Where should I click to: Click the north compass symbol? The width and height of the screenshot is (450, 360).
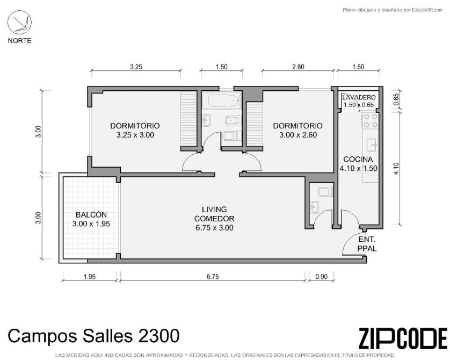point(19,23)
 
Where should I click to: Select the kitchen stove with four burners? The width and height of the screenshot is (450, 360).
point(370,120)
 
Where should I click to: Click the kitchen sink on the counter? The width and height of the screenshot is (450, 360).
point(372,145)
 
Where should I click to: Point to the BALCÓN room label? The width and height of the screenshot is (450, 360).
point(91,215)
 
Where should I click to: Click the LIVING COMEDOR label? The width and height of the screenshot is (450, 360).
point(214,214)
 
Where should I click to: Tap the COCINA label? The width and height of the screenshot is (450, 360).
point(358,160)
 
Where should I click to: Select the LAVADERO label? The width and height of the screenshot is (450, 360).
point(359,97)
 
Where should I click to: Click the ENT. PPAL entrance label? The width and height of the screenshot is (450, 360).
point(367,244)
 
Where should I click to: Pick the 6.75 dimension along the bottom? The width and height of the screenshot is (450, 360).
point(213,277)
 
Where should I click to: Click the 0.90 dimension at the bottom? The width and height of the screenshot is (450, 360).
point(321,277)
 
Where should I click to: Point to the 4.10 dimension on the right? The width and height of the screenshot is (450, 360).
point(396,169)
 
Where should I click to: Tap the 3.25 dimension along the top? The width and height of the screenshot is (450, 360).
point(136,67)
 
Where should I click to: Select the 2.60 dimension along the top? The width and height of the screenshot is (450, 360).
point(298,67)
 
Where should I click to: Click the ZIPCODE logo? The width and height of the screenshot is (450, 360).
point(403,339)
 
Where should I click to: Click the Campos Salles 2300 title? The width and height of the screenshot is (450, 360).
point(93,336)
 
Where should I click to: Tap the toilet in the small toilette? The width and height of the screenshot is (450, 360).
point(325,191)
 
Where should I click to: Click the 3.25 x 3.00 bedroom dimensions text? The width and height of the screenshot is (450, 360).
point(135,135)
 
